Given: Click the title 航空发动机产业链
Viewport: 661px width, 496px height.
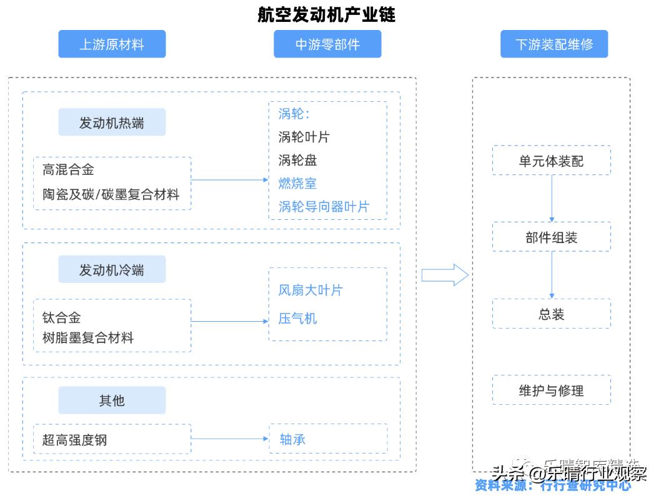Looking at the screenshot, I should (326, 14).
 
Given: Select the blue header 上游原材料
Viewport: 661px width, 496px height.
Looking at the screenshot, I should (112, 44).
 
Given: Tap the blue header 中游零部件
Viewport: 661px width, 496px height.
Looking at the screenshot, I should (327, 44).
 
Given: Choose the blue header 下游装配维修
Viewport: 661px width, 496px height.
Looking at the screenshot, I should (554, 44).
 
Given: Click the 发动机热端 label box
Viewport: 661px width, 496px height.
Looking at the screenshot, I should (112, 122).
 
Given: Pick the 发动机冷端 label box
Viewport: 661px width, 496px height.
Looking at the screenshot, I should (112, 269).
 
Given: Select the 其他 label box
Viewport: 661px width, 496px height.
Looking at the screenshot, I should (112, 400).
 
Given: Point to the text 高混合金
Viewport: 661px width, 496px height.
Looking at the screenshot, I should (68, 169).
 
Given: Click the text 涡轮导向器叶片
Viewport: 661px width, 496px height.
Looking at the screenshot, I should (324, 207).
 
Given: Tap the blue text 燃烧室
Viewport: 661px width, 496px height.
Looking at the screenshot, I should (297, 184).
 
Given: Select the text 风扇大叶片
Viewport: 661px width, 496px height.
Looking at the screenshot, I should (311, 290).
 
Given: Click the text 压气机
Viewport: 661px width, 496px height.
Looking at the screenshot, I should (297, 319).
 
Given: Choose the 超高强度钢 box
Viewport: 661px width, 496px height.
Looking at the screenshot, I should (112, 439).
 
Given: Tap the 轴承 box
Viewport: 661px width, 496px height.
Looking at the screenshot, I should (327, 439).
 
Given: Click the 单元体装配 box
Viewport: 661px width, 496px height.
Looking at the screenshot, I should (551, 161).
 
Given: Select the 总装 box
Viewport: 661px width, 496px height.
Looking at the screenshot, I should (551, 314).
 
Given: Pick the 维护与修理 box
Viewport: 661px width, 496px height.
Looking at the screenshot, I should (551, 390).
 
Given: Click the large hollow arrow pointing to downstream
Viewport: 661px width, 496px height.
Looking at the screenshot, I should (444, 275).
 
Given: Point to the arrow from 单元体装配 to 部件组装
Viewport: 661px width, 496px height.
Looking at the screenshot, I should (552, 198).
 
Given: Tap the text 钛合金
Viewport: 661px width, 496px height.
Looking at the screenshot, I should (61, 318).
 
